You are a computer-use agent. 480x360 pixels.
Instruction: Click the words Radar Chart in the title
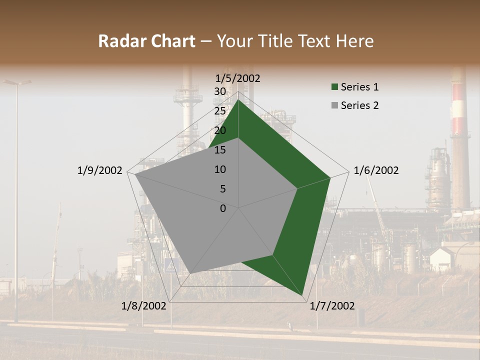coord(146,41)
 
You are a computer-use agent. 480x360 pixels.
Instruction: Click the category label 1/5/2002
coord(238,78)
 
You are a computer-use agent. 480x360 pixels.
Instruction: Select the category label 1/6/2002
coord(376,170)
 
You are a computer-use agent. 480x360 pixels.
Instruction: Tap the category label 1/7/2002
coord(332,306)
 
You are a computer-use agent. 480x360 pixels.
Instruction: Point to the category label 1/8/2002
coord(144,306)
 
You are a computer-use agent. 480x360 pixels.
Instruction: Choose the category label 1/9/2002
coord(99,170)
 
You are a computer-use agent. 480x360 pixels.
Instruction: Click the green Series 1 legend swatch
coord(334,87)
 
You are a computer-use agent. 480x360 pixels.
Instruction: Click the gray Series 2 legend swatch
coord(334,106)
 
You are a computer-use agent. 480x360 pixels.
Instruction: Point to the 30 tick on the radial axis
coord(220,91)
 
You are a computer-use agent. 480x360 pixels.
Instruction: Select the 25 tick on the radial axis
coord(220,111)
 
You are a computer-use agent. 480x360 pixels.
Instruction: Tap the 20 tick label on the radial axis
coord(220,130)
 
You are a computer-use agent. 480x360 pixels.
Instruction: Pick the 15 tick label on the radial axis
coord(220,150)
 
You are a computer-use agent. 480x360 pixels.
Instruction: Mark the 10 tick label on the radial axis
coord(220,169)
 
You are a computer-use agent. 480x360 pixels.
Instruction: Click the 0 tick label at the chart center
coord(223,208)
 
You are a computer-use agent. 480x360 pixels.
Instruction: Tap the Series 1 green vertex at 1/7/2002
coord(302,295)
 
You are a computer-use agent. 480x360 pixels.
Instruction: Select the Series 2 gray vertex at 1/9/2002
coord(135,174)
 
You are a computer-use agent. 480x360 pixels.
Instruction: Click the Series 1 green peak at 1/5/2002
coord(238,99)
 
